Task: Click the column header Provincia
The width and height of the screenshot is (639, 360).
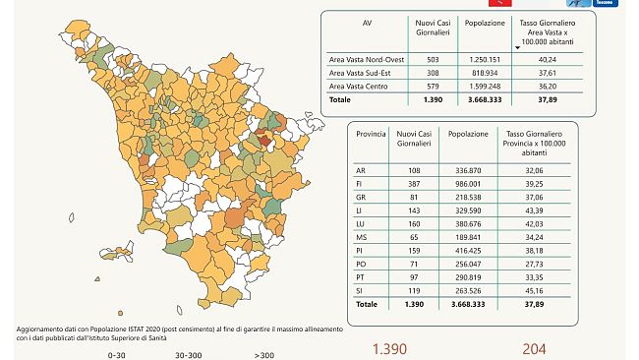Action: [370, 131]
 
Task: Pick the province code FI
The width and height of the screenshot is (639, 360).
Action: [361, 184]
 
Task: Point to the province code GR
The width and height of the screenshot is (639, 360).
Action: [361, 198]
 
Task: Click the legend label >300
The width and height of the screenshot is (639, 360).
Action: [263, 354]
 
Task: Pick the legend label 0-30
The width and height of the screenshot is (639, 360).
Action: [116, 354]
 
